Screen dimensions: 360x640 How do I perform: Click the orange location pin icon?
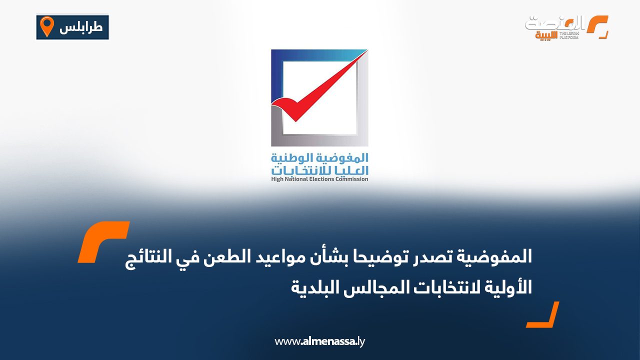pos(46,26)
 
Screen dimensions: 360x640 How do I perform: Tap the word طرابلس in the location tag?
pos(81,27)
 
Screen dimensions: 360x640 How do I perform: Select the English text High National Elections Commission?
pos(319,179)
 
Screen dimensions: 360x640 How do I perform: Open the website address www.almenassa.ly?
pos(320,342)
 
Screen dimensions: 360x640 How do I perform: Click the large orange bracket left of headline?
pos(104,241)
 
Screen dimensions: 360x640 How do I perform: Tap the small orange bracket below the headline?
pos(543,314)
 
